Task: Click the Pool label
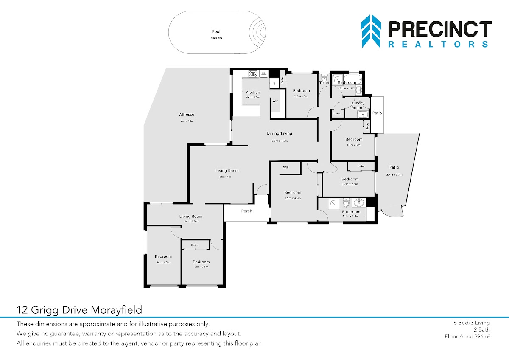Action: coord(216,31)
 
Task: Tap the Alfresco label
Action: coord(187,114)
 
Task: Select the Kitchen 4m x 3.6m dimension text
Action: coord(253,97)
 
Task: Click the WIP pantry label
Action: coord(275,101)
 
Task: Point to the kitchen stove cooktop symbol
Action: coord(253,74)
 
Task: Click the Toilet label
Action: coord(324,82)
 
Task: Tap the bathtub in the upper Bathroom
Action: coord(352,79)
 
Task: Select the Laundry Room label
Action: coord(357,105)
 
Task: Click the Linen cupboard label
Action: coord(337,113)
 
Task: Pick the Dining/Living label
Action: coord(279,133)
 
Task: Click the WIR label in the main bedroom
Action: coord(286,167)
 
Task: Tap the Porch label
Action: coord(246,211)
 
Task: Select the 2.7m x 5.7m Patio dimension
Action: coord(394,174)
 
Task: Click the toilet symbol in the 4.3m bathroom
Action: coord(346,202)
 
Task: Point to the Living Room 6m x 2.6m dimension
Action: coord(191,221)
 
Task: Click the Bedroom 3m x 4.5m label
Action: coord(163,256)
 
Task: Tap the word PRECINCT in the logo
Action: coord(440,29)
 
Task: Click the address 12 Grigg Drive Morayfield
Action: coord(79,310)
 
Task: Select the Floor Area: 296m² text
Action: coord(467,337)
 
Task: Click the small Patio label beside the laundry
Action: coord(377,113)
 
